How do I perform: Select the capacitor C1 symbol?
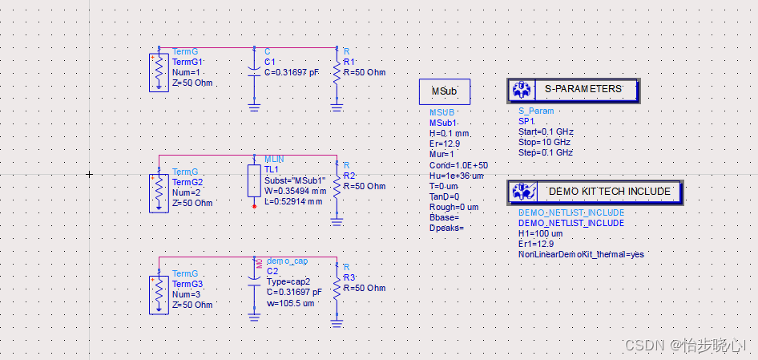coord(254,72)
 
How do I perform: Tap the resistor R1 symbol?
coord(337,73)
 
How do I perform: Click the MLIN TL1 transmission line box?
coord(254,184)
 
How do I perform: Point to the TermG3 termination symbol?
coord(159,294)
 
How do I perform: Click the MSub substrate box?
coord(444,91)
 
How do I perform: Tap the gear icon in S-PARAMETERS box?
coord(522,90)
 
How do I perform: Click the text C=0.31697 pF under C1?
coord(291,72)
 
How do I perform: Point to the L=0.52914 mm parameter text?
coord(292,201)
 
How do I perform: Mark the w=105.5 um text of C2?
coord(289,304)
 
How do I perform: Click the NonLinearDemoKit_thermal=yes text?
coord(581,254)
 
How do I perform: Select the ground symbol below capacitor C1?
coord(254,106)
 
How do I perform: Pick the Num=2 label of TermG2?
coord(187,192)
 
